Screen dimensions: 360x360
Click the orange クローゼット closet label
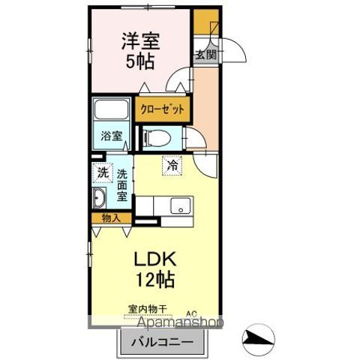[x=163, y=107]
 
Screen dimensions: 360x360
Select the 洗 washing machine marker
[x=103, y=173]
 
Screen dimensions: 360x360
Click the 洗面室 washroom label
[x=122, y=185]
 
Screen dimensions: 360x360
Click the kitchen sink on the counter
[x=180, y=205]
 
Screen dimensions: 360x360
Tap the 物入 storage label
[x=110, y=218]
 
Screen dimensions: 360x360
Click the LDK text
[x=156, y=258]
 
